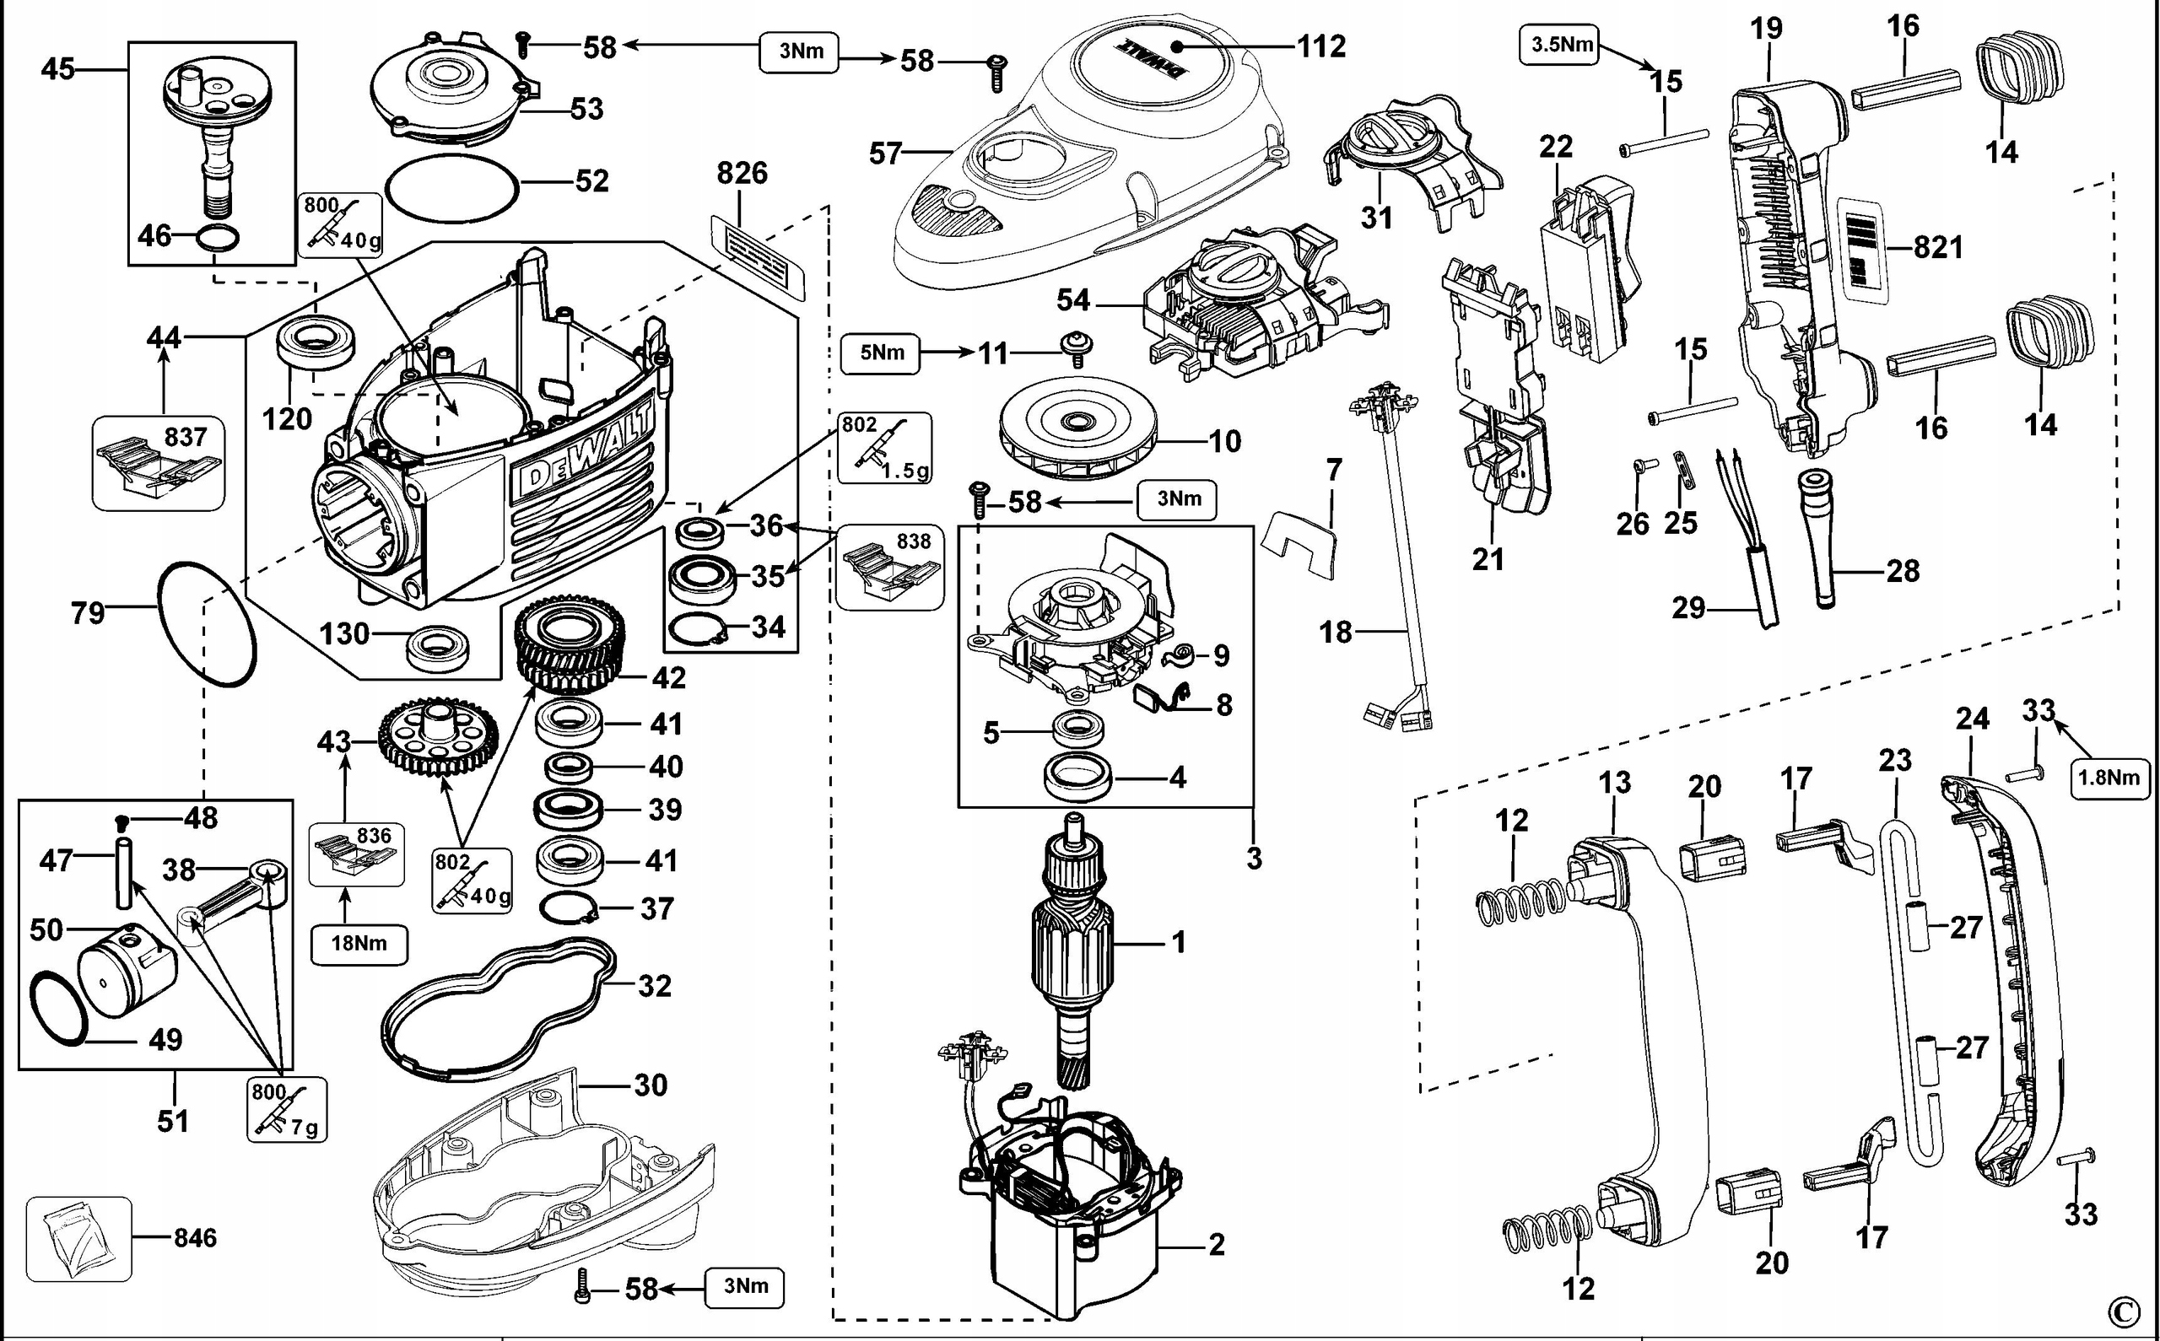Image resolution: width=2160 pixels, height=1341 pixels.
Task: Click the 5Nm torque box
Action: pos(882,353)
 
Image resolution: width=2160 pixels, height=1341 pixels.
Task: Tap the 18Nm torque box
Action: pos(359,943)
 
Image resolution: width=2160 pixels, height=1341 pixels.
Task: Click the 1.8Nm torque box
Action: pos(2110,778)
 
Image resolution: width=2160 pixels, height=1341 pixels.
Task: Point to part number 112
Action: pos(1321,46)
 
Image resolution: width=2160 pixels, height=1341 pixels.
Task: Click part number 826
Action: pos(742,173)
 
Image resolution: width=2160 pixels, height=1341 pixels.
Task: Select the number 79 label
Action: pos(87,612)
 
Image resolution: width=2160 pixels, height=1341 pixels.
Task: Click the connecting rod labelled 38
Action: pos(235,902)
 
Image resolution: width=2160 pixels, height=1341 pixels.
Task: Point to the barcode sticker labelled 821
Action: pos(1865,247)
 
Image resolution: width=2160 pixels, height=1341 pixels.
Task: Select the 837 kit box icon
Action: pos(159,464)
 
